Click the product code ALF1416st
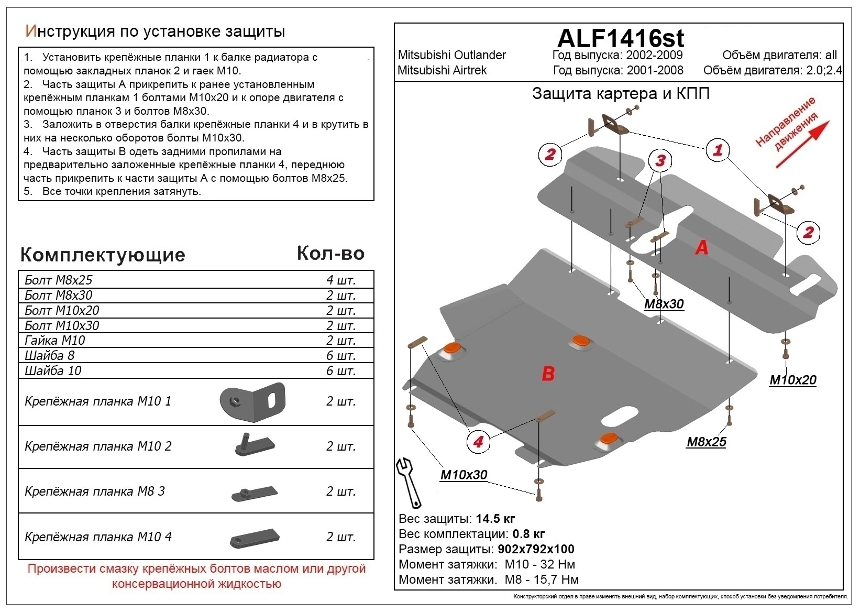coord(621,38)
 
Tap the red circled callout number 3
coord(660,160)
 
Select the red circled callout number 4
coord(478,442)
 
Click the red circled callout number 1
coord(717,150)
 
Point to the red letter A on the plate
coord(702,247)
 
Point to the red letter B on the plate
coord(548,374)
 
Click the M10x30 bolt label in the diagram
coord(464,475)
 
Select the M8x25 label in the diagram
coord(706,442)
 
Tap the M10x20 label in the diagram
coord(792,380)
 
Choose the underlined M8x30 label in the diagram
coord(664,304)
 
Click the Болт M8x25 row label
coord(58,280)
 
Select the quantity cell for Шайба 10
coord(340,370)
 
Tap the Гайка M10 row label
coord(54,340)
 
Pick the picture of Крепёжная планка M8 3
coord(255,493)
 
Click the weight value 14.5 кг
coord(495,519)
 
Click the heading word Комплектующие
coord(103,255)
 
